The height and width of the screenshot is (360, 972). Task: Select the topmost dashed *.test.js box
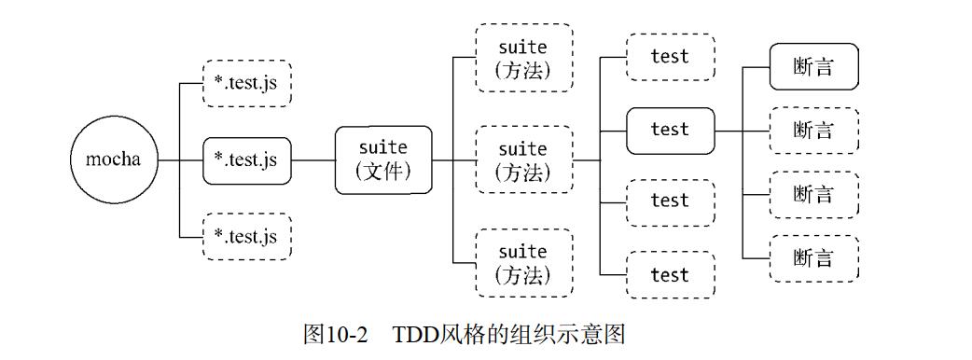246,84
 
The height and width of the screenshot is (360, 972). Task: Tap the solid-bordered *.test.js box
246,159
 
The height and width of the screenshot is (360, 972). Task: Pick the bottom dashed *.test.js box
246,236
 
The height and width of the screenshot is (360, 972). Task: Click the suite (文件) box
383,159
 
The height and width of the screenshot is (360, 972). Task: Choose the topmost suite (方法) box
522,58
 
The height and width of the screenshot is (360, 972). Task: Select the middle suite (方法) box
522,159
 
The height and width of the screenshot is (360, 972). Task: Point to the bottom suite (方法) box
522,263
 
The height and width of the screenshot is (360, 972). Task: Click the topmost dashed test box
670,57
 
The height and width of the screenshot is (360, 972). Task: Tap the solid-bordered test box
670,131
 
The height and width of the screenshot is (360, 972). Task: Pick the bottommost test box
670,275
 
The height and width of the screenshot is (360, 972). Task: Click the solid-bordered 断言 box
812,67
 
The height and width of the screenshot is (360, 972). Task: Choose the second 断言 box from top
812,131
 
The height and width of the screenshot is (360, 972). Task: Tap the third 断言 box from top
812,195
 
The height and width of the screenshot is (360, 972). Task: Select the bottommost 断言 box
812,258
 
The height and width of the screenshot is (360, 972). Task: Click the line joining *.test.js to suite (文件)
313,159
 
